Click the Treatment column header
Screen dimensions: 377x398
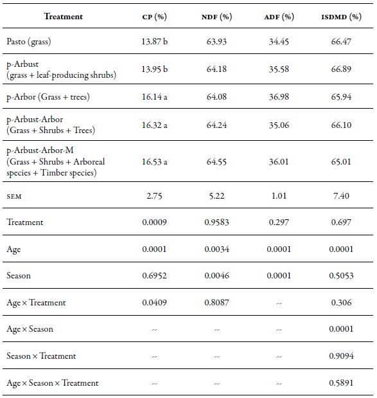pyautogui.click(x=63, y=16)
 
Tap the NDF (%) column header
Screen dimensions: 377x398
pyautogui.click(x=216, y=16)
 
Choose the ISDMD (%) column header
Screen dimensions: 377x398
pyautogui.click(x=341, y=16)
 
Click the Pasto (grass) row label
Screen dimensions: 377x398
pyautogui.click(x=29, y=41)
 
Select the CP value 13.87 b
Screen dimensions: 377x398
pyautogui.click(x=155, y=41)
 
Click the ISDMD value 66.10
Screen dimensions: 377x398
pyautogui.click(x=341, y=125)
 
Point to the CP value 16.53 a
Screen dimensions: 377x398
pyautogui.click(x=155, y=162)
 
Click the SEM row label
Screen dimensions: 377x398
pyautogui.click(x=15, y=195)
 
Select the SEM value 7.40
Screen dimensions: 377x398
pyautogui.click(x=341, y=195)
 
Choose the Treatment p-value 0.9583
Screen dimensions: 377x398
pyautogui.click(x=216, y=222)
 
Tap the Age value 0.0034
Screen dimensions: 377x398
pyautogui.click(x=216, y=249)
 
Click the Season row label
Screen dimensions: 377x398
pyautogui.click(x=19, y=276)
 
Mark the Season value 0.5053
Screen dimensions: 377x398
pyautogui.click(x=341, y=276)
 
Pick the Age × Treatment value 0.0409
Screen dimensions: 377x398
pyautogui.click(x=155, y=303)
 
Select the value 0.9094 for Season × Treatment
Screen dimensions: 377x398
pyautogui.click(x=341, y=356)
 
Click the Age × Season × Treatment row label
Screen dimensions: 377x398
pyautogui.click(x=53, y=383)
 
